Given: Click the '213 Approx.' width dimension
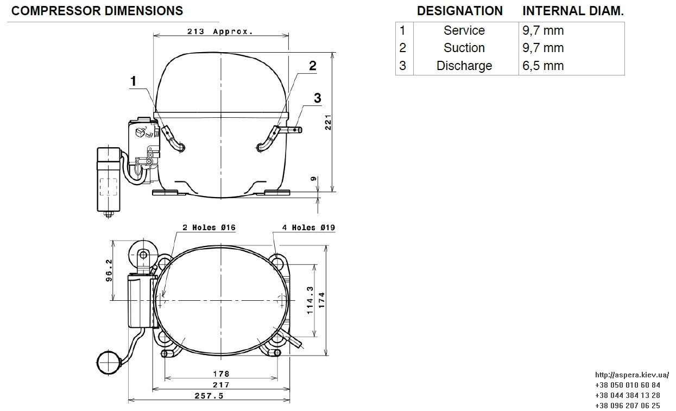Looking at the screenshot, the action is [220, 31].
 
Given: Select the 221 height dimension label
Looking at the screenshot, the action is [328, 122].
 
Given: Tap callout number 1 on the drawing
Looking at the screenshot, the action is [133, 81].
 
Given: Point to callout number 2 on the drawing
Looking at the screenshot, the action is [313, 66].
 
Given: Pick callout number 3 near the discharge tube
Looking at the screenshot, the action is [318, 98].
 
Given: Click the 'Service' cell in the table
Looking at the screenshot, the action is [464, 30].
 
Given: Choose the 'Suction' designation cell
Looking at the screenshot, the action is [464, 48].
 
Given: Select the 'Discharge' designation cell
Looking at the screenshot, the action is [464, 66].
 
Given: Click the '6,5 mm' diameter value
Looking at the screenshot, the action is [543, 66].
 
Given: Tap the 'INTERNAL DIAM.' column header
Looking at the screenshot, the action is [573, 11].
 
